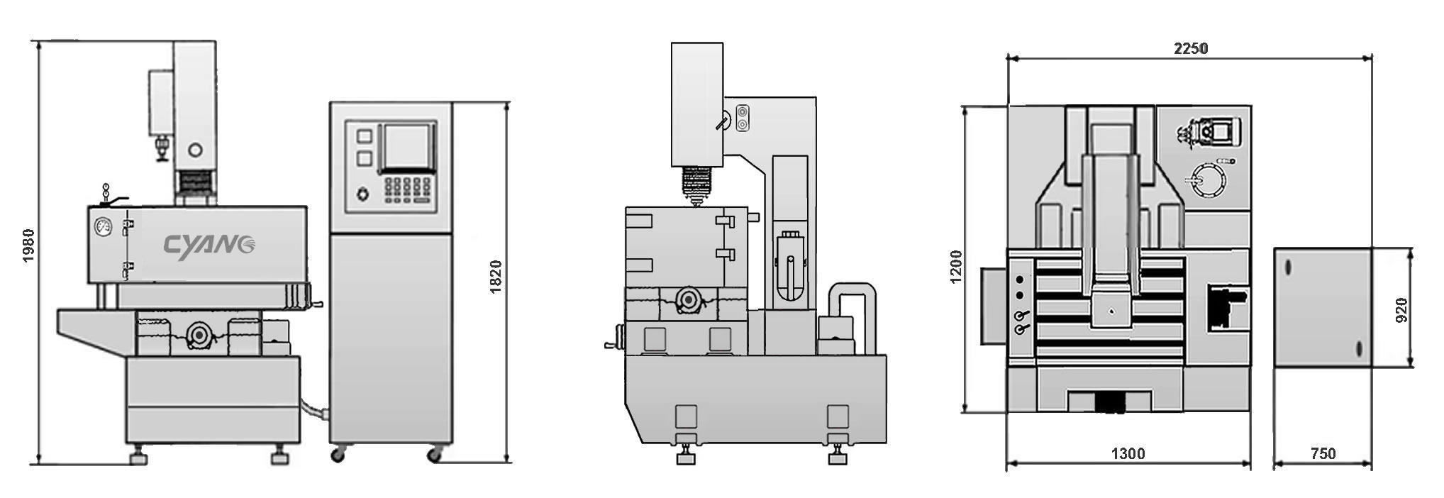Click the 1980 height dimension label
point(28,245)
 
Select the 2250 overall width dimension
point(1191,48)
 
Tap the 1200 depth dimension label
point(956,266)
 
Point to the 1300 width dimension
point(1128,453)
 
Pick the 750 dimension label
point(1323,453)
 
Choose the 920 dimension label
point(1401,310)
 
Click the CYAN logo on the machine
point(211,245)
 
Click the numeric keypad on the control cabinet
point(408,189)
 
